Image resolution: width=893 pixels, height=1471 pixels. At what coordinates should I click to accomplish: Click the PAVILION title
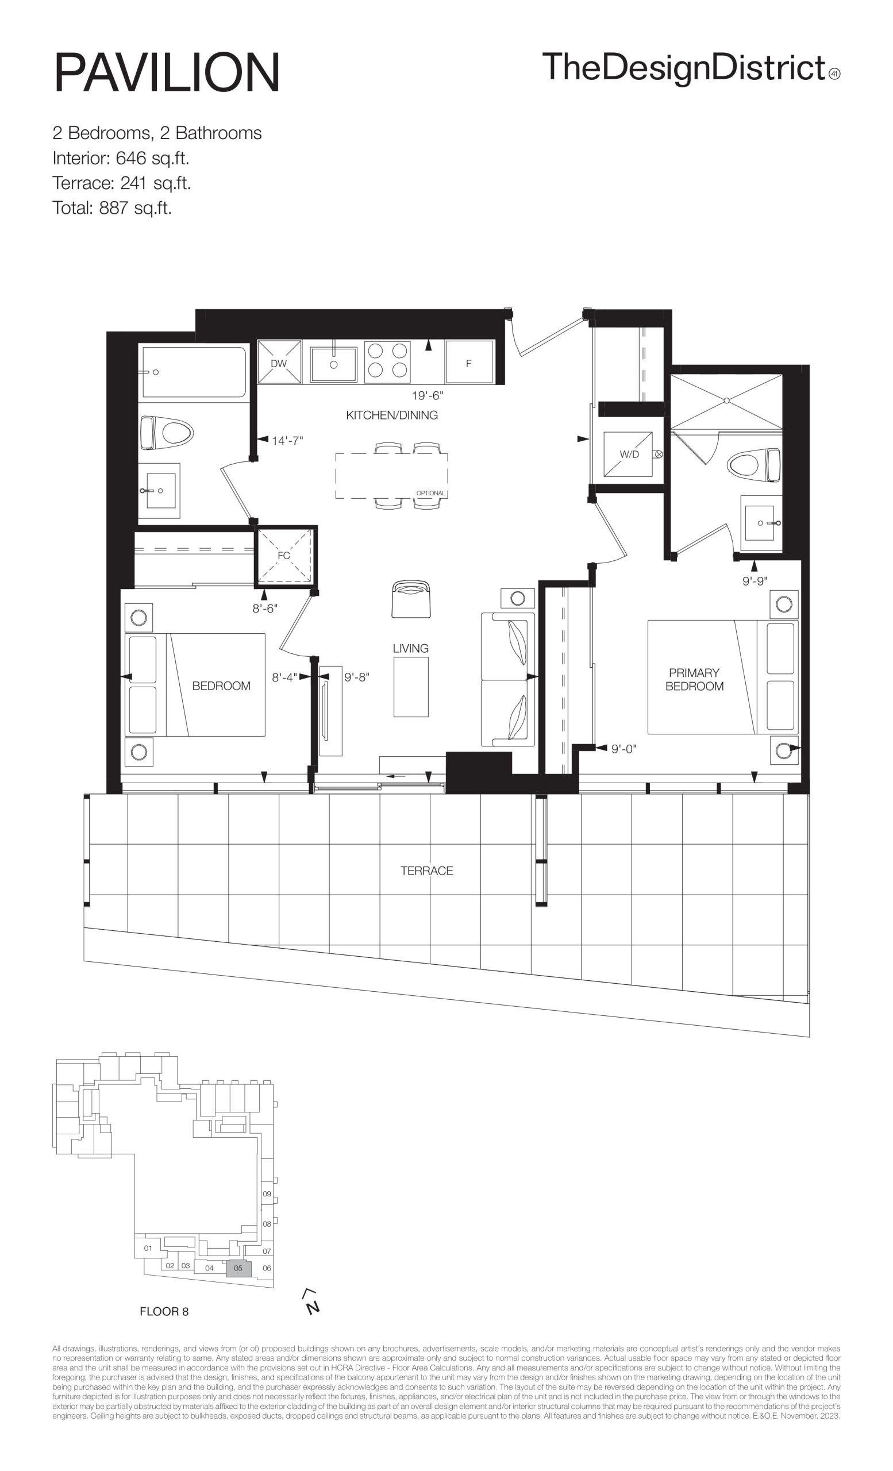(167, 72)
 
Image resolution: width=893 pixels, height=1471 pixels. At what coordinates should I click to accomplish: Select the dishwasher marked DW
(279, 363)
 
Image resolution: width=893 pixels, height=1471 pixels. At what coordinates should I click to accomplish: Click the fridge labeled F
(468, 363)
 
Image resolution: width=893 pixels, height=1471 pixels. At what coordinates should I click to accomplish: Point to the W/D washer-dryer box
(628, 454)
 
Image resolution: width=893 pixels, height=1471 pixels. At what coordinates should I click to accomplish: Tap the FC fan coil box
(284, 555)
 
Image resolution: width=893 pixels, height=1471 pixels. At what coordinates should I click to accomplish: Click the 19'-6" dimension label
(428, 395)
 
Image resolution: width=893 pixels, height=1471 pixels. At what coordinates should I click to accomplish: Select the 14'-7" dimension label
(287, 441)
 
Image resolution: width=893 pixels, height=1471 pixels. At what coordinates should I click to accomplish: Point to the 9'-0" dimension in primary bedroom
(624, 749)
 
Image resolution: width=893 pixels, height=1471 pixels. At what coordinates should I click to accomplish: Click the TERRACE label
(427, 871)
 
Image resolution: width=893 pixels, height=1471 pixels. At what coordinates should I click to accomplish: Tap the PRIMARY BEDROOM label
(694, 679)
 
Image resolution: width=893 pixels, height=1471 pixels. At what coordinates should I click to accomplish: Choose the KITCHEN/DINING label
(391, 415)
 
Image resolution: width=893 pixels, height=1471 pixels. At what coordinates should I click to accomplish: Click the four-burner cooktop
(387, 362)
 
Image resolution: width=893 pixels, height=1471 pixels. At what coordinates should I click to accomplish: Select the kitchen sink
(334, 364)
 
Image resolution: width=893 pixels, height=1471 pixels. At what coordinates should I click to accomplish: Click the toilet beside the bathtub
(167, 433)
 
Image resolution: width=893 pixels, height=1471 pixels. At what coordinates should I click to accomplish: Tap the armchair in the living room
(411, 599)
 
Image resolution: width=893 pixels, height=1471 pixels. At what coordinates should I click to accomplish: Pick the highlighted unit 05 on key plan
(238, 1268)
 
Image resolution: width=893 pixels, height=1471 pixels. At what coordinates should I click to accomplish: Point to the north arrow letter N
(312, 1307)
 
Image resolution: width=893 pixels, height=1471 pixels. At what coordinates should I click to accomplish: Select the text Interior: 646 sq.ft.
(121, 158)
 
